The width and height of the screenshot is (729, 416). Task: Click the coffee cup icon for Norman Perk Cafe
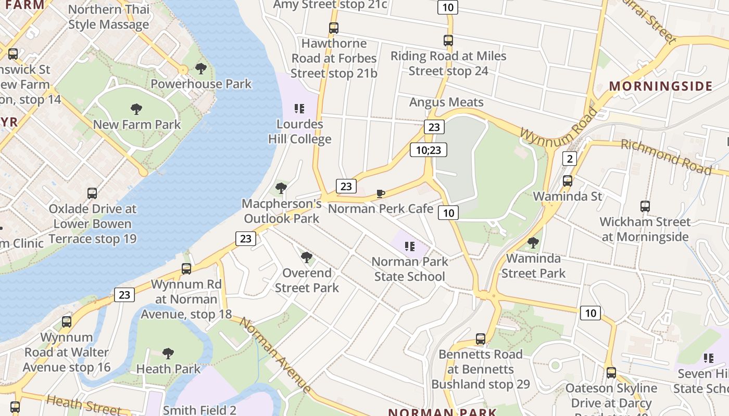[x=381, y=194]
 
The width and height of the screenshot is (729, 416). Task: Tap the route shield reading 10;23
[x=429, y=150]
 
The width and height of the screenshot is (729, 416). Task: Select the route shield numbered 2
[x=570, y=159]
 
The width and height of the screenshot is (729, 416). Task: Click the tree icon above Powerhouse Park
[x=201, y=69]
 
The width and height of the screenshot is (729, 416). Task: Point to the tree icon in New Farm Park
[x=136, y=109]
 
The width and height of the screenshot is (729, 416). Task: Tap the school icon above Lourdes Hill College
[x=299, y=109]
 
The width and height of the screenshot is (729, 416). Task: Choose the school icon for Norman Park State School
[x=409, y=246]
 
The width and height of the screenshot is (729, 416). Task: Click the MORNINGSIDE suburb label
[x=660, y=86]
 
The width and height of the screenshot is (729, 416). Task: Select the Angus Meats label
[x=446, y=102]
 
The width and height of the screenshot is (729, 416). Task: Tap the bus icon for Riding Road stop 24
[x=448, y=41]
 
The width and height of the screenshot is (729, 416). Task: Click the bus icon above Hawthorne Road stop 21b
[x=334, y=28]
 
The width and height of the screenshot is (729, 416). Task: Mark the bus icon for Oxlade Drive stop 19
[x=92, y=193]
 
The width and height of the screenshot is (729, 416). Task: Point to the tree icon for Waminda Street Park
[x=533, y=243]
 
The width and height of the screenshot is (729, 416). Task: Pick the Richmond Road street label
[x=666, y=157]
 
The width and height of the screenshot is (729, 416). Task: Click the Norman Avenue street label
[x=275, y=355]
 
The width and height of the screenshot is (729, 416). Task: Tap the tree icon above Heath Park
[x=168, y=354]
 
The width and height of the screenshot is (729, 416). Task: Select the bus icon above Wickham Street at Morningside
[x=645, y=206]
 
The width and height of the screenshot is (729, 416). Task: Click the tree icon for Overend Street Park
[x=307, y=257]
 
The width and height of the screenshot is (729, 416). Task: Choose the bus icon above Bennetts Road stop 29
[x=480, y=339]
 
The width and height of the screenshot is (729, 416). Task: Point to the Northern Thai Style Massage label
[x=108, y=17]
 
